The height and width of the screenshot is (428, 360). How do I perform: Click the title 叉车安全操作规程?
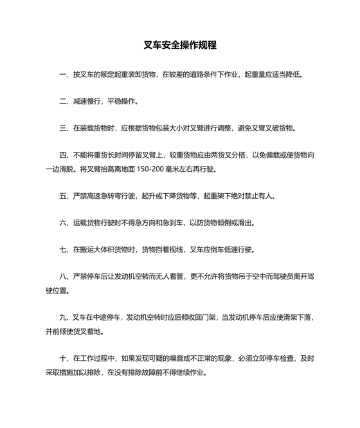[x=180, y=46]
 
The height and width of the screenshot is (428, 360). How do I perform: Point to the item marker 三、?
[x=64, y=128]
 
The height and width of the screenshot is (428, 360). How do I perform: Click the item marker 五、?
[x=64, y=196]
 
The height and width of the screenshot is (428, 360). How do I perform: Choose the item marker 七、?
[x=64, y=250]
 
